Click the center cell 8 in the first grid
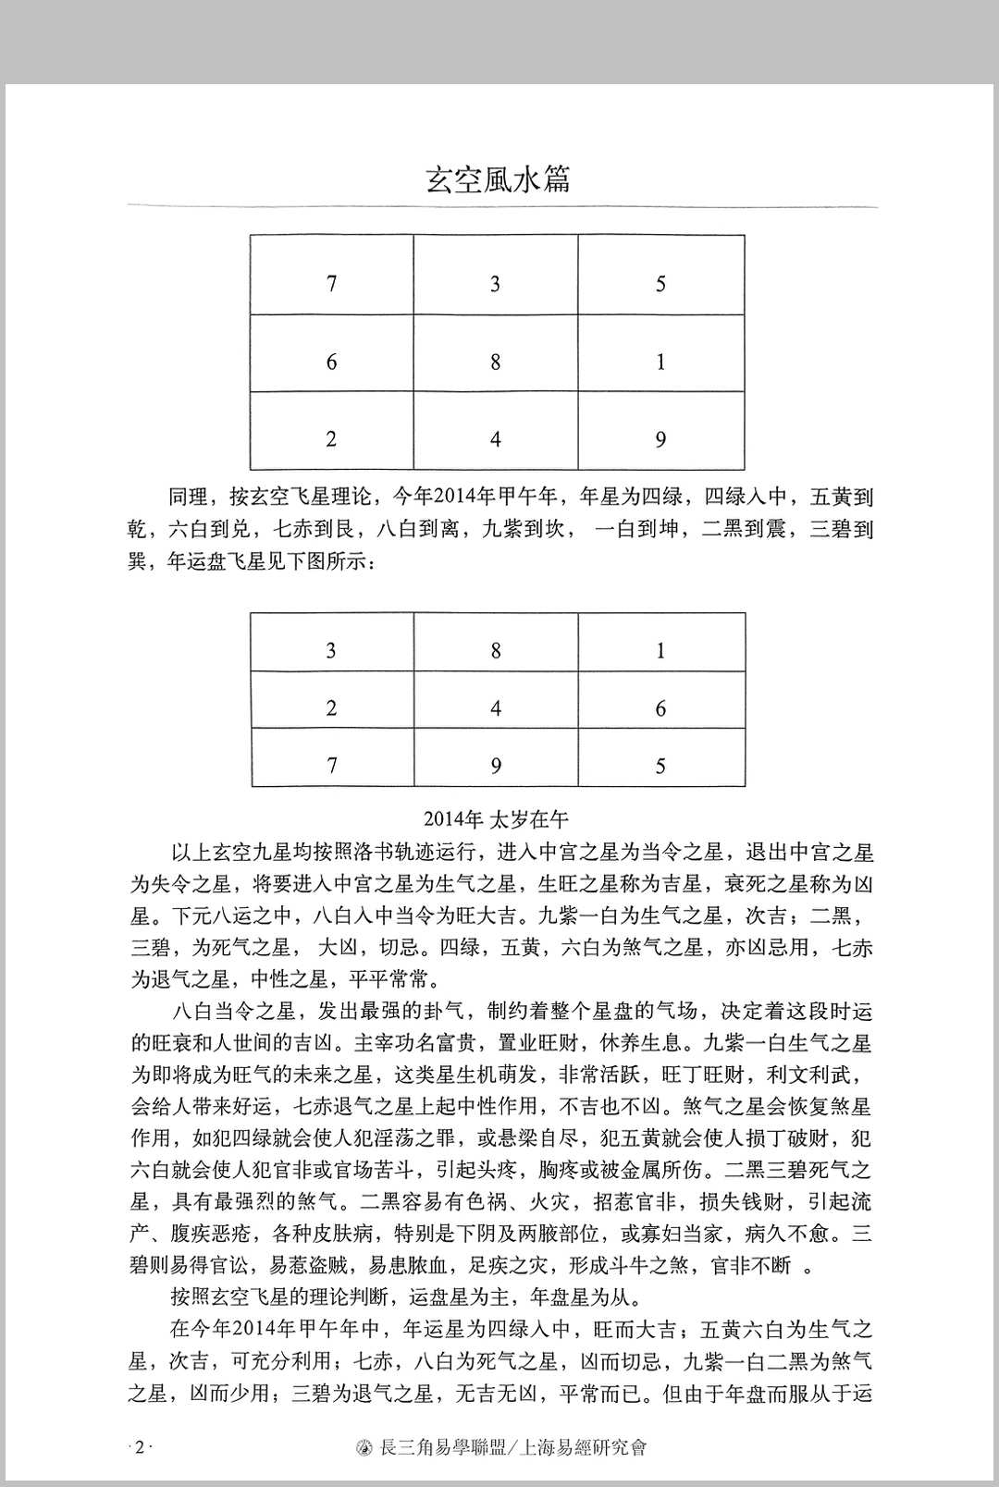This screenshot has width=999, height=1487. tap(496, 362)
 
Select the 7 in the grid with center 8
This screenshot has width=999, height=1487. tap(332, 284)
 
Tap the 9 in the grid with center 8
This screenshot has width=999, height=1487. tap(660, 439)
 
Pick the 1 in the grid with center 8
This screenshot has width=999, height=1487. tap(660, 362)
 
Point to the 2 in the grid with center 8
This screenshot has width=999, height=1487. tap(331, 439)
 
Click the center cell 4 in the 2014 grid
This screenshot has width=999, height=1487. tap(496, 709)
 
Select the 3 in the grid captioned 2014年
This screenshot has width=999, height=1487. tap(331, 651)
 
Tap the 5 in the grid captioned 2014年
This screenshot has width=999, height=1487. tap(660, 767)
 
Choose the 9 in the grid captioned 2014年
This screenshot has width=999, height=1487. tap(496, 767)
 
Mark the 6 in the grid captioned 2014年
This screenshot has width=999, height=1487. tap(660, 709)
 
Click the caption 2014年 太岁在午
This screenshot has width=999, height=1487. tap(497, 818)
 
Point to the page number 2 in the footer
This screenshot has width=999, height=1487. tap(140, 1447)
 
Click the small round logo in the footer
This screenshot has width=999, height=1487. tap(364, 1448)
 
